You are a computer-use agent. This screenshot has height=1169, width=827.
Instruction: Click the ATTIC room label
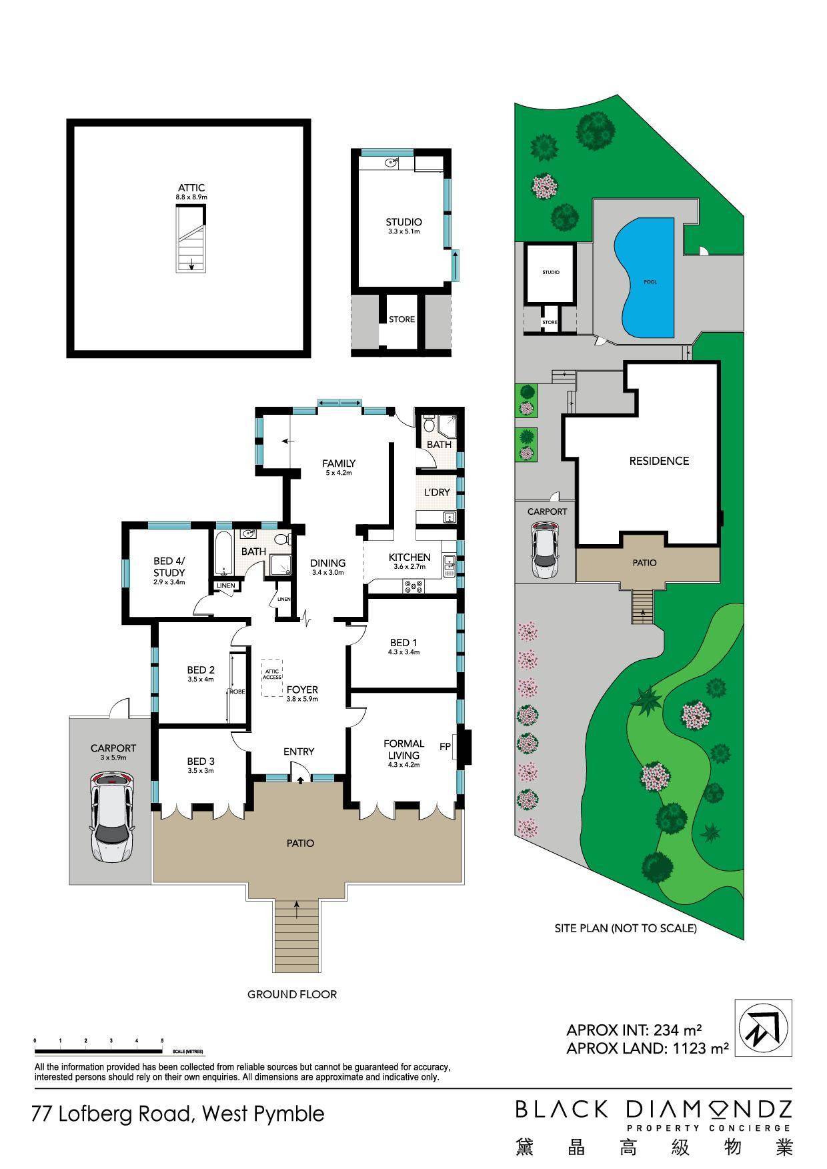coord(191,188)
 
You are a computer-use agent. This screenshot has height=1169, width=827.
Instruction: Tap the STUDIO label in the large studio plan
coord(403,222)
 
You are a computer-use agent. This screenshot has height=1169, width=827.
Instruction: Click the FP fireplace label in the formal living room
coord(444,747)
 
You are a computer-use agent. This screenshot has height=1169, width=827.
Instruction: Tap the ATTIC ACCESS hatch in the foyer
coord(271,678)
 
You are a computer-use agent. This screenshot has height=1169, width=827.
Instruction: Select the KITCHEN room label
coord(409,557)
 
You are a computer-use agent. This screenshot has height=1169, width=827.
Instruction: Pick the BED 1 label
coord(404,643)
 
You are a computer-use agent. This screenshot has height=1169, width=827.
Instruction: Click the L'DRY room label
coord(437,492)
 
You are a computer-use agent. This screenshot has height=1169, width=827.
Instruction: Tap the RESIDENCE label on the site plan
coord(659,461)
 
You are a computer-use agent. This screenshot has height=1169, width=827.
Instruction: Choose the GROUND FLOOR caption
coord(292,994)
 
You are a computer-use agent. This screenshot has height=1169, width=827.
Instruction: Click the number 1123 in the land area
coord(686,1048)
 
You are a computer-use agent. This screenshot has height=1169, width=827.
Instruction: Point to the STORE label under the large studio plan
coord(401,319)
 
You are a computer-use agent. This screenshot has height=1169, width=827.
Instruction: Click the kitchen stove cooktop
coord(414,586)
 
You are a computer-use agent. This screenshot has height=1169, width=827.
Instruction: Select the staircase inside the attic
coord(191,239)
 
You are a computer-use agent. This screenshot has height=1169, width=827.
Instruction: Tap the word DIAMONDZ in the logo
coord(708,1109)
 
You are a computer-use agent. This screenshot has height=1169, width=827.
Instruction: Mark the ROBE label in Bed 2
coord(237,692)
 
